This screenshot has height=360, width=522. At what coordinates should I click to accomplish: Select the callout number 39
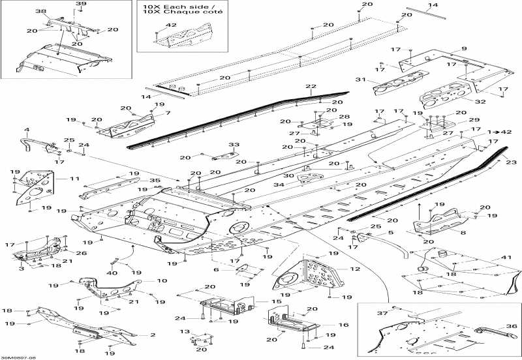pos(81,5)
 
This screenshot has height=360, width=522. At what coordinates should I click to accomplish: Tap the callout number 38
pos(40,12)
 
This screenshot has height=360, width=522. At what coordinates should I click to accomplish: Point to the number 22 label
pos(310,87)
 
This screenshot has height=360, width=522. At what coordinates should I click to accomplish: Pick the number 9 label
pos(464,49)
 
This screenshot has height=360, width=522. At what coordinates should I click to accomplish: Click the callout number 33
pos(234,144)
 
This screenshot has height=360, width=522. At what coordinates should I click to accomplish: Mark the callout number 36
pos(511,329)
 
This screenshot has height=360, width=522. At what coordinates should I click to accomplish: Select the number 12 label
pos(354,269)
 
